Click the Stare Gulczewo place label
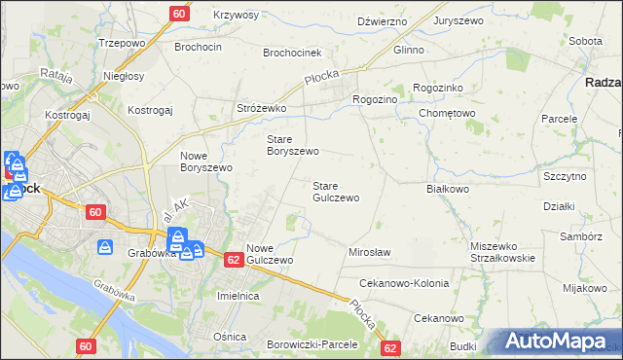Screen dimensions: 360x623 click(336, 191)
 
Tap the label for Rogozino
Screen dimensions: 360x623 click(375, 98)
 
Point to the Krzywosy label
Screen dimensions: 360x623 click(236, 16)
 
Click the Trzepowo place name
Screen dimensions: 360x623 click(123, 44)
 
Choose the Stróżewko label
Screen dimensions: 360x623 click(261, 109)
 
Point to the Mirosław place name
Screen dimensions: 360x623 click(369, 252)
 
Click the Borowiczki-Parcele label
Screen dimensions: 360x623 click(312, 344)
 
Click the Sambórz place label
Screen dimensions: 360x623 click(581, 236)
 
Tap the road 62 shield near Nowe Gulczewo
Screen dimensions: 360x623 click(233, 260)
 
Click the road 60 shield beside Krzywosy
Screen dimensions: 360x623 click(178, 14)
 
